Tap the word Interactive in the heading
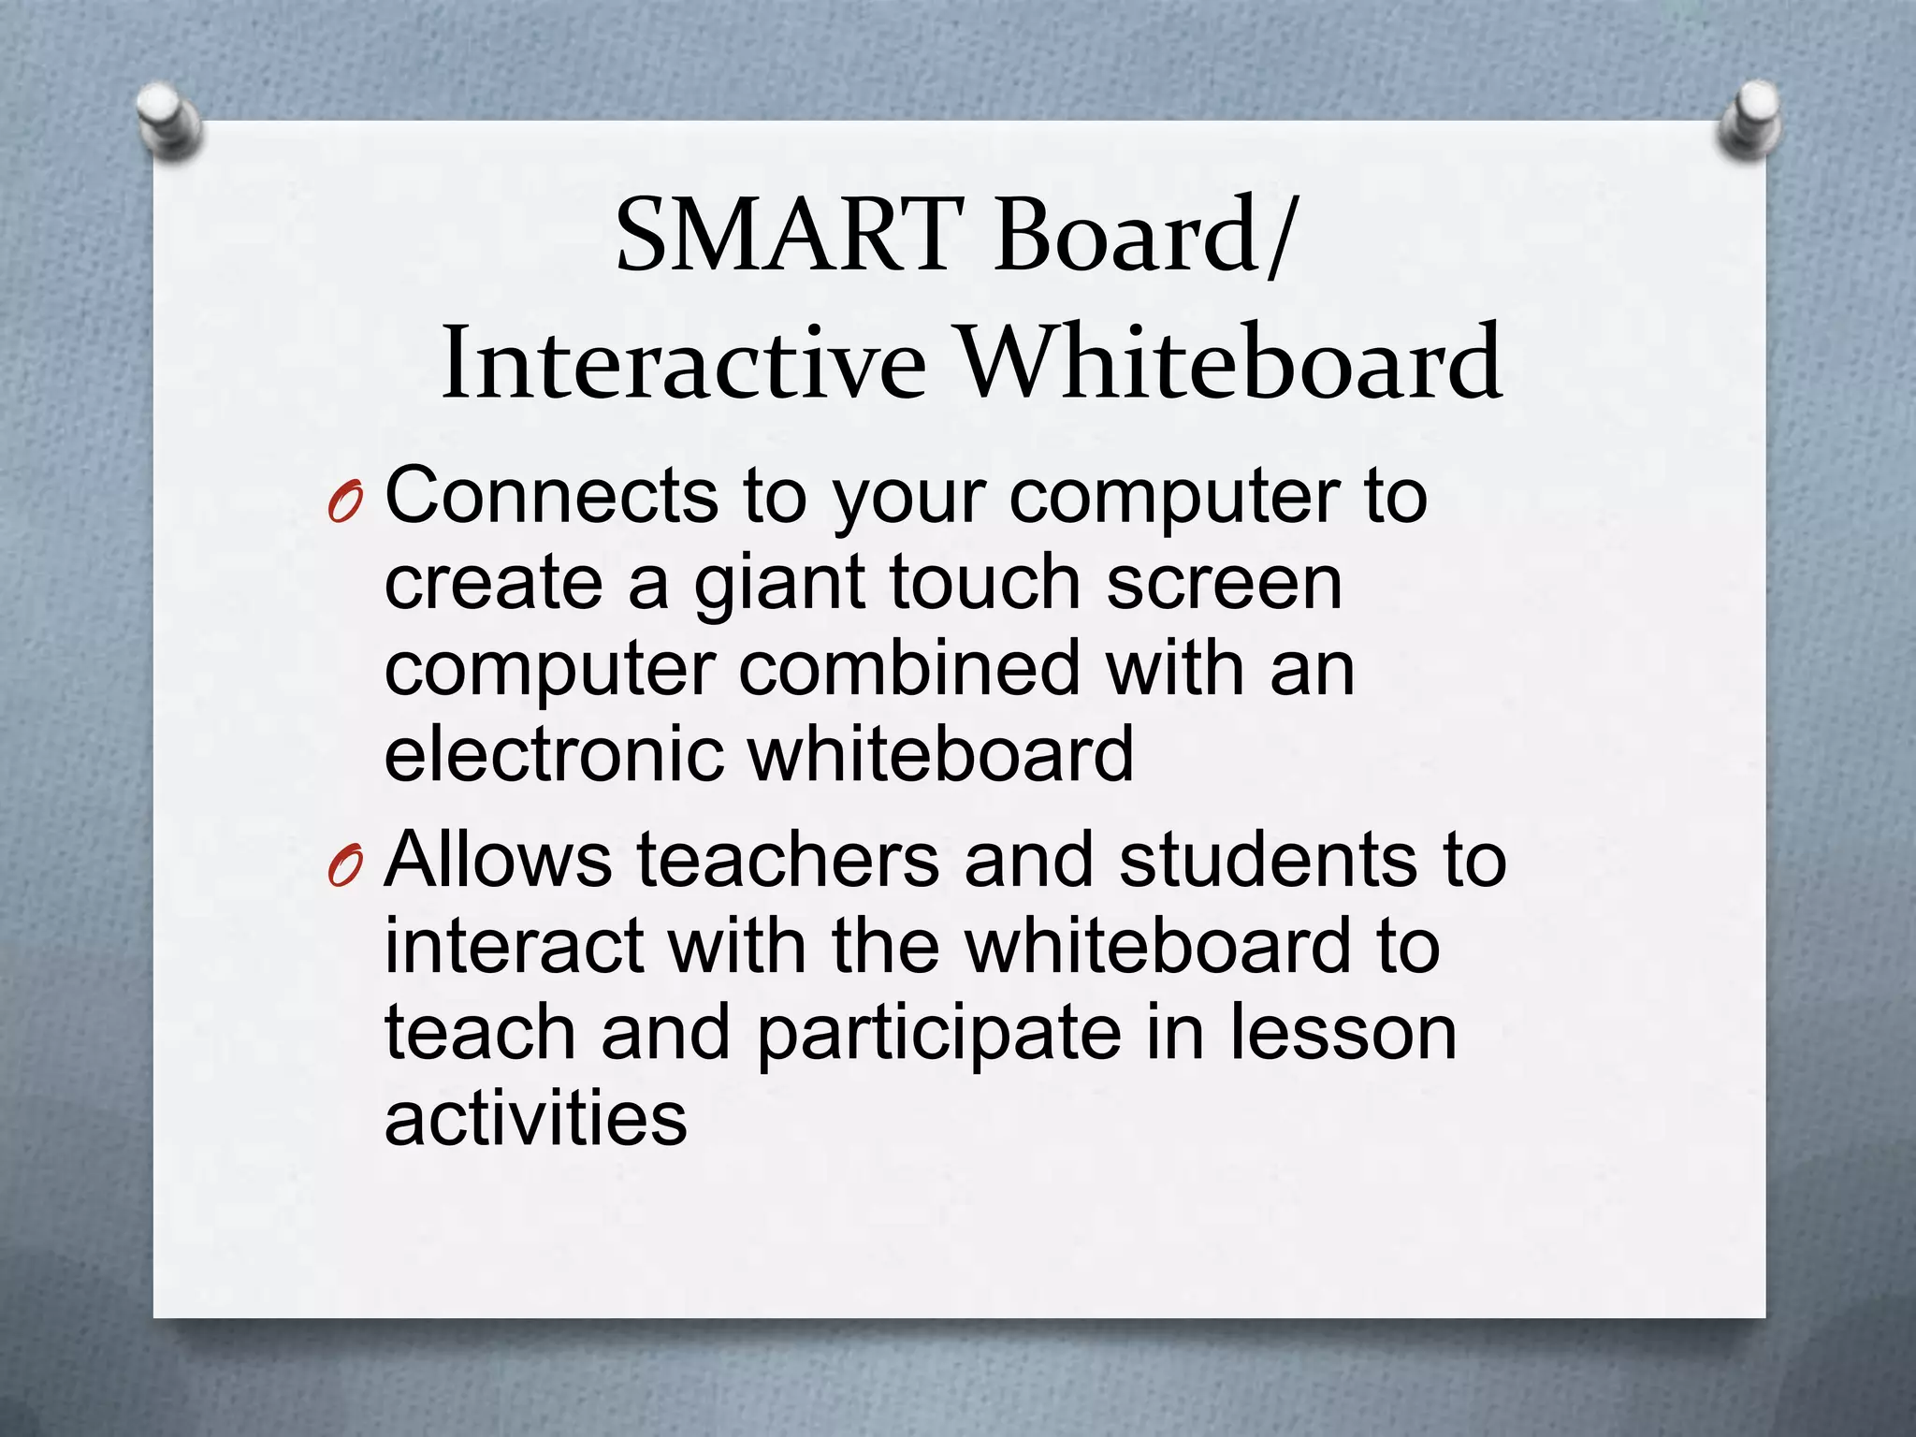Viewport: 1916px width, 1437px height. tap(683, 363)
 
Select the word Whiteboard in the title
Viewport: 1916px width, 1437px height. tap(1231, 363)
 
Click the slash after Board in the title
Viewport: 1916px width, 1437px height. tap(1281, 236)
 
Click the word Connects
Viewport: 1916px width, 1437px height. tap(551, 496)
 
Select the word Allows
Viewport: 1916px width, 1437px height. tap(498, 859)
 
